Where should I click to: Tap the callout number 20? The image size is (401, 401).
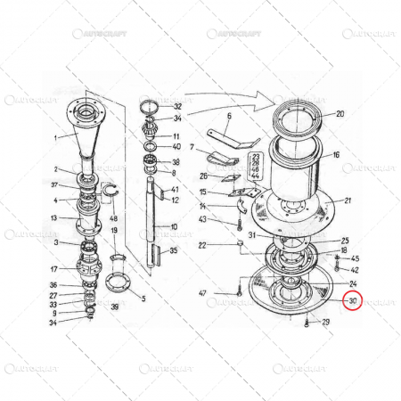coord(339,114)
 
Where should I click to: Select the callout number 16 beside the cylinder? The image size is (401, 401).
coord(336,154)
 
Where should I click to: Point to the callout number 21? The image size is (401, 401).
coord(348,200)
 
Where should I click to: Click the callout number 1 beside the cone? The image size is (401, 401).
coord(54,138)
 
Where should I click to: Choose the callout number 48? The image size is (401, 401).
coord(113,218)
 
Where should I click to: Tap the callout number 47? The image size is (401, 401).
coord(202,293)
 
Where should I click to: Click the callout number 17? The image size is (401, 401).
coord(54,268)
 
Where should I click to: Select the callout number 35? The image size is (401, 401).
coord(174,251)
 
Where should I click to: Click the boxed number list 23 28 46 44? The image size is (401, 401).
coord(256,167)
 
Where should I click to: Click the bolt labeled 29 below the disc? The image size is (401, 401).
coord(307,322)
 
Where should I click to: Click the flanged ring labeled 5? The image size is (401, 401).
coord(117,285)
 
